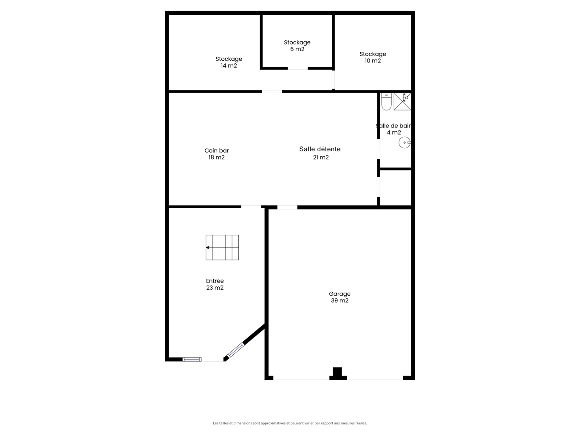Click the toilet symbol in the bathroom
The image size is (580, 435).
386,102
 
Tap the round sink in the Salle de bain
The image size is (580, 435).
405,143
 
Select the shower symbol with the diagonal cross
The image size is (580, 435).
402,102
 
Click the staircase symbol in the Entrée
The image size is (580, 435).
222,248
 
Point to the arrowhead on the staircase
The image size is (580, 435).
207,248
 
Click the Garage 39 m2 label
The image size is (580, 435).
340,297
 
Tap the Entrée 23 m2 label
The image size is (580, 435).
215,284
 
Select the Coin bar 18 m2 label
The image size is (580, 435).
216,154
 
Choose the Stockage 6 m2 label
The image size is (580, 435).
297,46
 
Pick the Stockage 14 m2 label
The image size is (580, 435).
229,62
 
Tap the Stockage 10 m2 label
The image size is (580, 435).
373,57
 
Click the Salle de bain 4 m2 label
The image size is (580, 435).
394,129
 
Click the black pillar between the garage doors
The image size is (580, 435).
338,373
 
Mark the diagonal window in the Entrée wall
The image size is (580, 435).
236,350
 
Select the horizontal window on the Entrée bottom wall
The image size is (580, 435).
192,359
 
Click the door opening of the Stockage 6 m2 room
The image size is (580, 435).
297,68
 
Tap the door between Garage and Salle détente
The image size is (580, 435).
287,207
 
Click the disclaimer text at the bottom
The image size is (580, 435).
290,423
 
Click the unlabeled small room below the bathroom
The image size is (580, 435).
396,188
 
